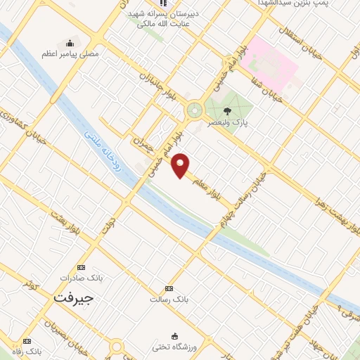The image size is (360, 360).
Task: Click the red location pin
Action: (x=181, y=165)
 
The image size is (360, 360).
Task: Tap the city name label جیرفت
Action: (x=74, y=297)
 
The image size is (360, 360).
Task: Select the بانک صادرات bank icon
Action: (x=80, y=268)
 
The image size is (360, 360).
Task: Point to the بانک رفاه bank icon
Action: (x=27, y=340)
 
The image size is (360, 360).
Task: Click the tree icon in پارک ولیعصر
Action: (x=226, y=110)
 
